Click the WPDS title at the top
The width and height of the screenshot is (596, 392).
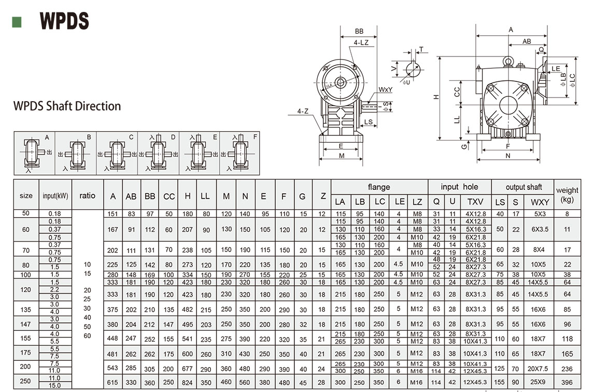(65, 21)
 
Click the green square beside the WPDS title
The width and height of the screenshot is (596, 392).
(17, 22)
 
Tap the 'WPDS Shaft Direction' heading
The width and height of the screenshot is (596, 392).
(67, 106)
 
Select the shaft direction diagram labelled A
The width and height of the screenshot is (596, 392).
(34, 153)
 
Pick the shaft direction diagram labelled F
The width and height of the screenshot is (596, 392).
(240, 153)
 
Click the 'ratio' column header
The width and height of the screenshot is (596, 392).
(88, 195)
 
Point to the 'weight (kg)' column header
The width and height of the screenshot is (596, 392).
(567, 195)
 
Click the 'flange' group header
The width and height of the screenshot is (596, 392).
(379, 187)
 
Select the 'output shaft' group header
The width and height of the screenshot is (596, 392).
(523, 187)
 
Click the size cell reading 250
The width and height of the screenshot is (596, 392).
(26, 381)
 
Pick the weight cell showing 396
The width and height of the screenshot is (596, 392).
(567, 382)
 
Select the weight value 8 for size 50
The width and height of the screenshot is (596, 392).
(567, 214)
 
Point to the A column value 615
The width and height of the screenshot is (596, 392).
(113, 382)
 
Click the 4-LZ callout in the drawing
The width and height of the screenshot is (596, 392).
(361, 43)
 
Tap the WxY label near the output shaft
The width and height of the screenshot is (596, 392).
(385, 90)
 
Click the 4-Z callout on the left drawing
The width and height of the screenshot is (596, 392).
(303, 111)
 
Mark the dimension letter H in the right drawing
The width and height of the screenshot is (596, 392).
(436, 96)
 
